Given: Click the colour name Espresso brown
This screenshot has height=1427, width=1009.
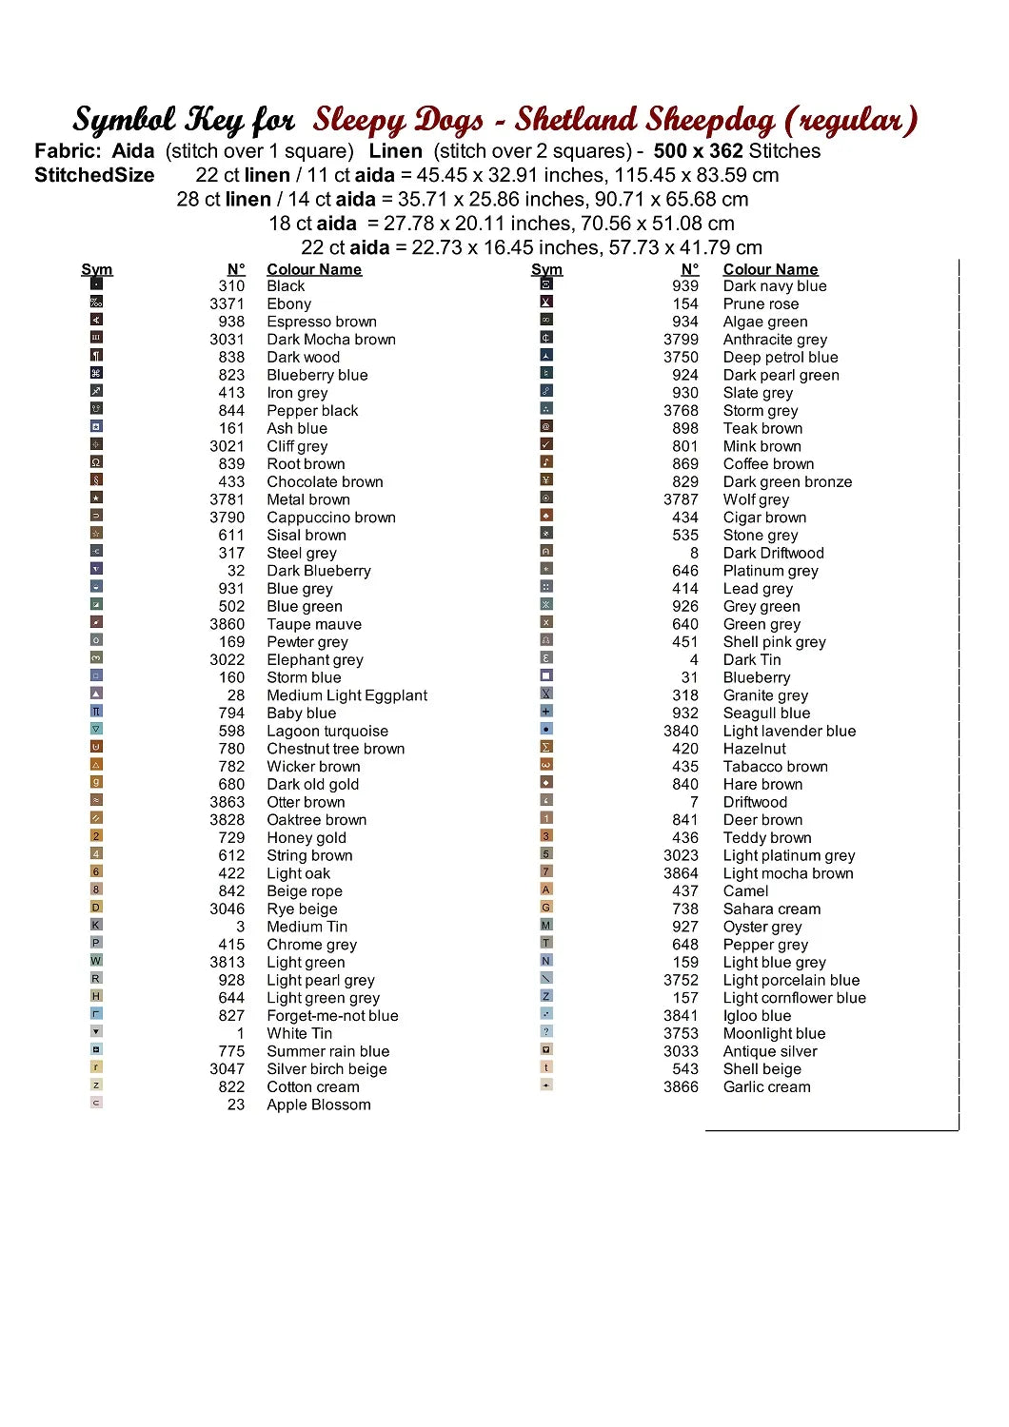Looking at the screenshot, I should [x=322, y=322].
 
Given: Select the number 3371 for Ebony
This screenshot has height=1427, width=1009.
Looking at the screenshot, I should [x=227, y=303].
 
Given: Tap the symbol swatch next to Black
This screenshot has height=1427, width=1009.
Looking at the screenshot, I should [x=96, y=283].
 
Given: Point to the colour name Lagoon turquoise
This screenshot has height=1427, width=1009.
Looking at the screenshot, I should [x=327, y=731].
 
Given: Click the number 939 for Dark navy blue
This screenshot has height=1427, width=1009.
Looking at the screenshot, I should [x=685, y=285].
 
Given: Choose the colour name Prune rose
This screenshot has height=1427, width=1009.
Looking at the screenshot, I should [x=761, y=303].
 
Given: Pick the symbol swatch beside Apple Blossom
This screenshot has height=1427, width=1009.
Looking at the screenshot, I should [x=96, y=1103].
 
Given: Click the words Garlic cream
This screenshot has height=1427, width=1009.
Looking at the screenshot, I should [x=766, y=1086].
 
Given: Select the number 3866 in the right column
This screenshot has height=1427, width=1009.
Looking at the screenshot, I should [x=681, y=1086].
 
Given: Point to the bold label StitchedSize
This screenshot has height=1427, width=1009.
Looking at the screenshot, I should [x=94, y=175].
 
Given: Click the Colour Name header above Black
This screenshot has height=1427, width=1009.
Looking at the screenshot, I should [x=314, y=269].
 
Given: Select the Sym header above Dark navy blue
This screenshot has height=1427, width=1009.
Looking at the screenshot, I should [x=546, y=269].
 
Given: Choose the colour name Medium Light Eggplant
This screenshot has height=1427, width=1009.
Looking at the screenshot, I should [x=346, y=695].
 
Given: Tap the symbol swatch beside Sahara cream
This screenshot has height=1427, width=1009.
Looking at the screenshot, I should [x=546, y=907].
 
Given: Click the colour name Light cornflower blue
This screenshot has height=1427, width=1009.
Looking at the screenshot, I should [x=794, y=997].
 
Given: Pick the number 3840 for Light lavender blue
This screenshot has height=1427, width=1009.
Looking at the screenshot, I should [x=681, y=731].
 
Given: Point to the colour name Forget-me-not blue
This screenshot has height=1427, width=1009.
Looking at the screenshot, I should [x=332, y=1015].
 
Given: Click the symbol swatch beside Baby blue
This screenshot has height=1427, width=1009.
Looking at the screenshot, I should [x=96, y=711].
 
